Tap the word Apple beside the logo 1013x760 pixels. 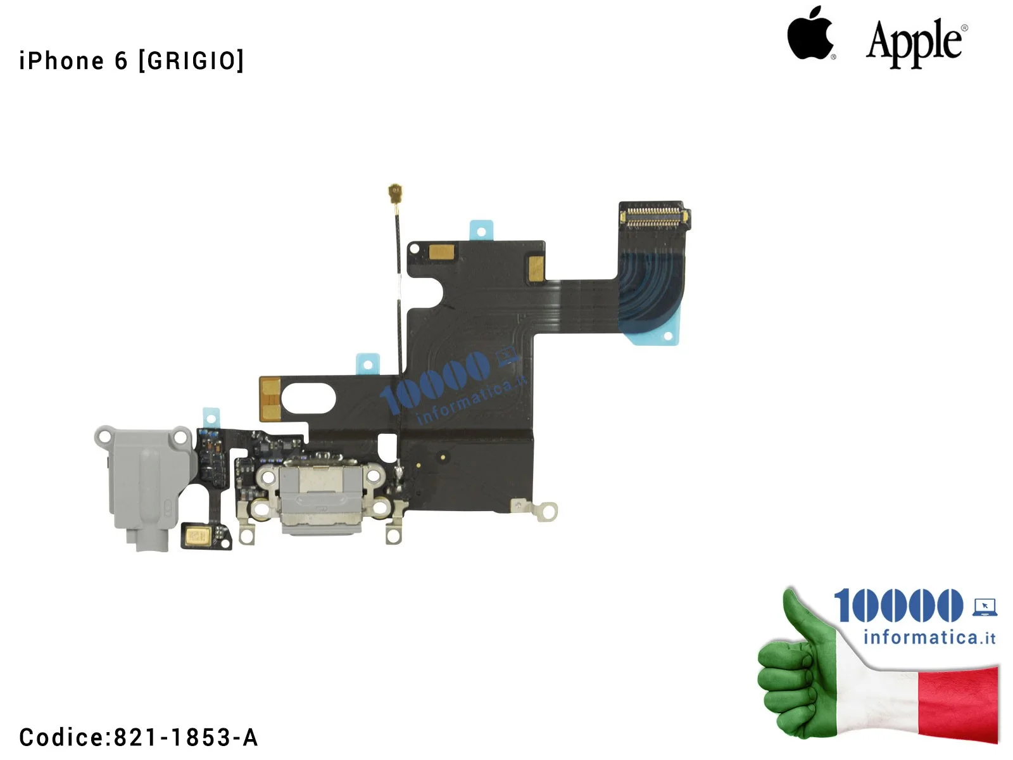point(916,44)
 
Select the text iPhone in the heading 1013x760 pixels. point(62,61)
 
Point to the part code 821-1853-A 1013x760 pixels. point(186,737)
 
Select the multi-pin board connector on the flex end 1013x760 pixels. point(654,215)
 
